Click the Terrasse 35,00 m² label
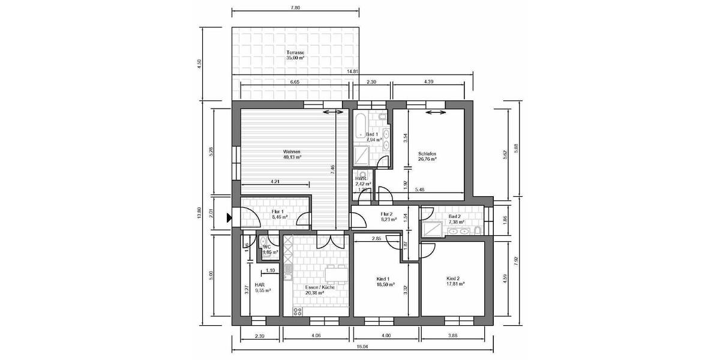click(295, 55)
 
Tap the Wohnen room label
click(292, 154)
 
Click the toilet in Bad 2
click(477, 230)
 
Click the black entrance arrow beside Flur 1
click(229, 218)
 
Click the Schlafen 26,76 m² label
click(427, 157)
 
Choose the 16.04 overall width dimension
click(362, 347)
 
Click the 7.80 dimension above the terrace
click(295, 8)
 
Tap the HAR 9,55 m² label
click(262, 287)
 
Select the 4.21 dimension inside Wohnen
click(275, 181)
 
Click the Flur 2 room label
click(386, 217)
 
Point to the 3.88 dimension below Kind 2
click(457, 335)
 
